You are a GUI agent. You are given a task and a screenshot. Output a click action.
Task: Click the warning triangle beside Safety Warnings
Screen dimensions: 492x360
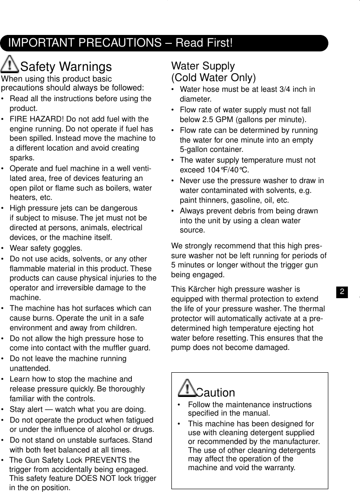[10, 63]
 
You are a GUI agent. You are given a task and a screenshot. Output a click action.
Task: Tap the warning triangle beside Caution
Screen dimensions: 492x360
[187, 387]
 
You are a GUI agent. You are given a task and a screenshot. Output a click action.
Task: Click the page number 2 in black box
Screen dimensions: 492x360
[342, 292]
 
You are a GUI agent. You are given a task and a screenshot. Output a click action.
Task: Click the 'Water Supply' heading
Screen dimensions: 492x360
[203, 66]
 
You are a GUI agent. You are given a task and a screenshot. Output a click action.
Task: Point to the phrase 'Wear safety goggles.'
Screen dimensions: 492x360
[46, 248]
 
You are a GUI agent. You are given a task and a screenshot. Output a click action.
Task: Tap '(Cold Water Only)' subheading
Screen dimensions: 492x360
[213, 77]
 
